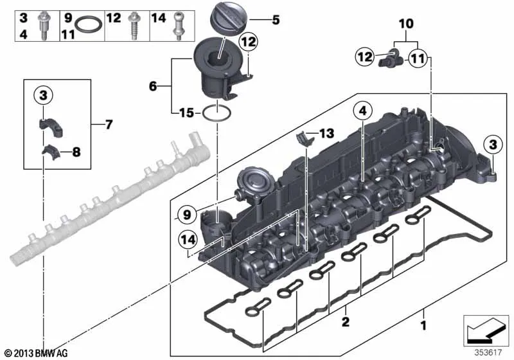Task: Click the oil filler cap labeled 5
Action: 228,19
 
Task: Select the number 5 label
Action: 276,20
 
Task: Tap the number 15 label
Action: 186,113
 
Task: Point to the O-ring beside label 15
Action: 217,113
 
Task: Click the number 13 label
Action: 326,133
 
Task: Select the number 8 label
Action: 76,152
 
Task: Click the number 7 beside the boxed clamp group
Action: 109,124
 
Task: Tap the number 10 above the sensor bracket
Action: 406,24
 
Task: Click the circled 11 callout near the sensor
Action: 418,58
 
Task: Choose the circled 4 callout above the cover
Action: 362,111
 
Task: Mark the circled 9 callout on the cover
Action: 186,215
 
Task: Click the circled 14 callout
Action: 188,240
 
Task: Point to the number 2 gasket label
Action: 346,321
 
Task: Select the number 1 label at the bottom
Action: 423,325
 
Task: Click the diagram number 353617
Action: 488,352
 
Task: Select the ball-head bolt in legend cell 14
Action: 178,26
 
